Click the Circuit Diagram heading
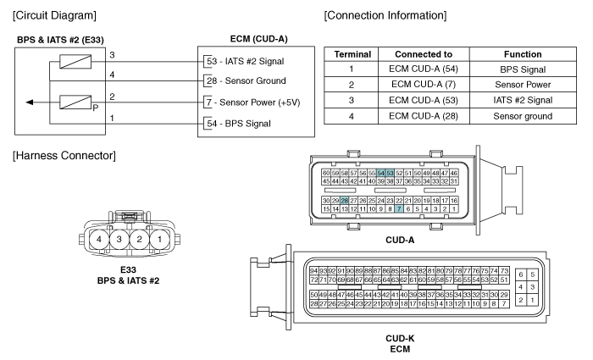(54, 15)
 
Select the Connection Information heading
(385, 15)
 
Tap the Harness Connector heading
(64, 155)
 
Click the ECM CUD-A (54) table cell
(424, 69)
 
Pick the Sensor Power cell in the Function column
(523, 85)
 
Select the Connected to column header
(424, 54)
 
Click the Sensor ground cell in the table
(523, 116)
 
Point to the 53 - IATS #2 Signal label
(246, 61)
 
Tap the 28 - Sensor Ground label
(247, 80)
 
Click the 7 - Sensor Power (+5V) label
(253, 102)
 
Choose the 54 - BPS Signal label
(239, 124)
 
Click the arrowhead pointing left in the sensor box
(29, 102)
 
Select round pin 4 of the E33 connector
(99, 239)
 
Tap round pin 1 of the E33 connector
(159, 239)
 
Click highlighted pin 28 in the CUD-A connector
(344, 201)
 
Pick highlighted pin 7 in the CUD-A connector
(399, 208)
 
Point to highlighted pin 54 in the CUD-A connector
(381, 173)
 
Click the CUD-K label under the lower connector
(400, 339)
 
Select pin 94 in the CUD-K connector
(313, 271)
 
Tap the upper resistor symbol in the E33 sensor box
(75, 62)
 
